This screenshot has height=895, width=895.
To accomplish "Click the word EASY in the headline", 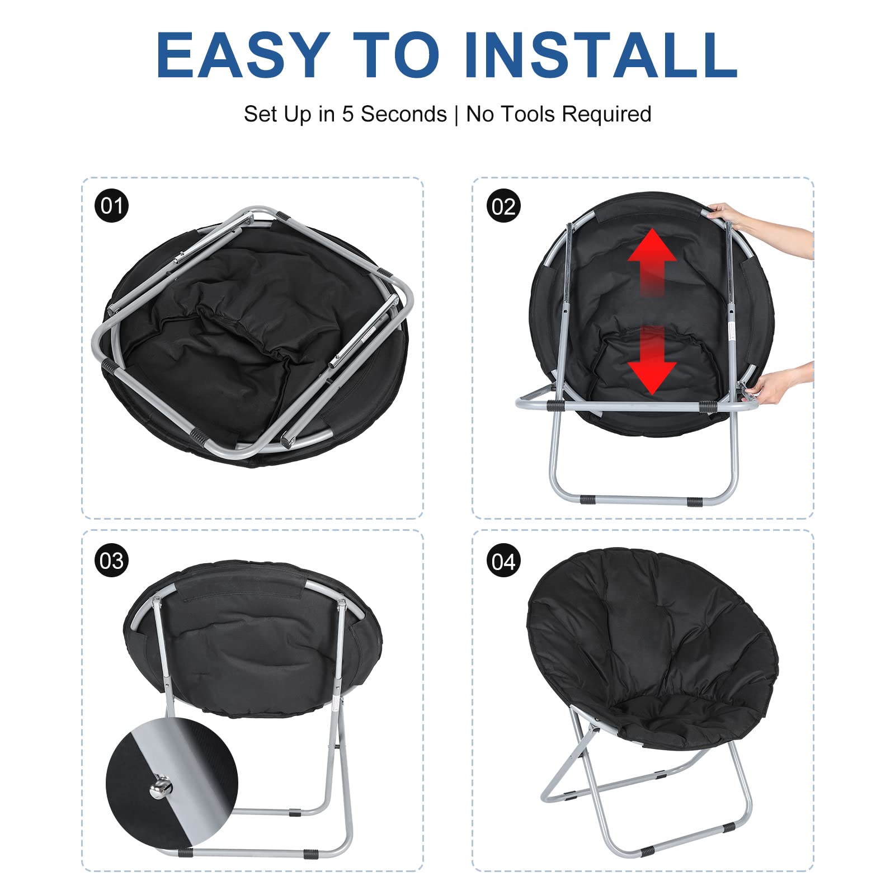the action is (243, 55).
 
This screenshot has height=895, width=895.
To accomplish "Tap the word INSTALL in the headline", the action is (600, 55).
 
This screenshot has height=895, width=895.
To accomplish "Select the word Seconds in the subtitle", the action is (404, 114).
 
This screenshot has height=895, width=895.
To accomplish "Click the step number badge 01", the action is (112, 206).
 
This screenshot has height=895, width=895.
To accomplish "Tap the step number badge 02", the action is (503, 206).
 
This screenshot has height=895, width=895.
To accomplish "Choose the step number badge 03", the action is (112, 560).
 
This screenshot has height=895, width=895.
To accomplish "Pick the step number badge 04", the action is (503, 560).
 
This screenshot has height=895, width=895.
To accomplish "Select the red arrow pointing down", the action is (652, 361).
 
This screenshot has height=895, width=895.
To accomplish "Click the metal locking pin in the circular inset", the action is (161, 788).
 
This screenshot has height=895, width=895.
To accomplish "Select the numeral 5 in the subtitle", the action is (348, 114).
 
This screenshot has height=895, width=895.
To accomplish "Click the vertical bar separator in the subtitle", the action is (456, 115).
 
